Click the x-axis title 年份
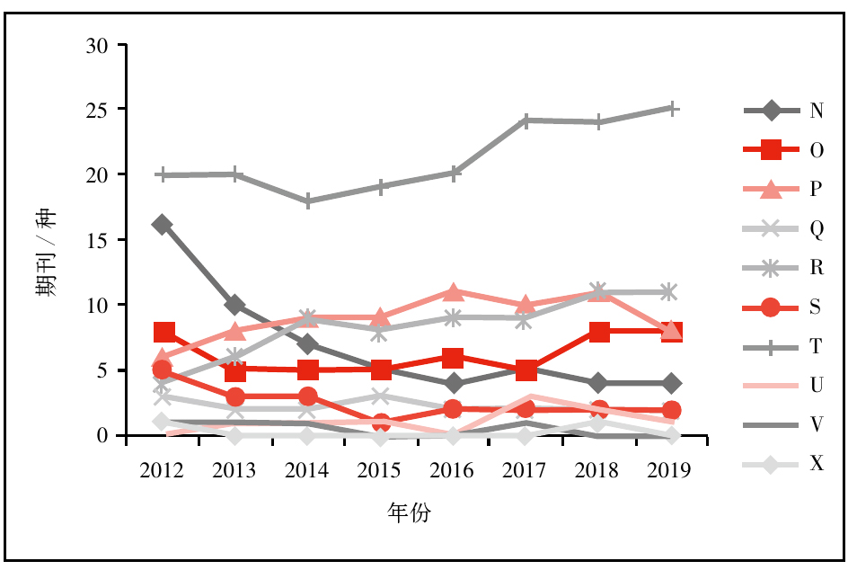409,513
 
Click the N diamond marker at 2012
163,224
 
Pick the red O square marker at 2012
163,333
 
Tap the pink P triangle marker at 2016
454,292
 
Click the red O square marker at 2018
599,332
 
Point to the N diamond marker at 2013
235,305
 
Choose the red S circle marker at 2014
308,396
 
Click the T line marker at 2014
308,201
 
